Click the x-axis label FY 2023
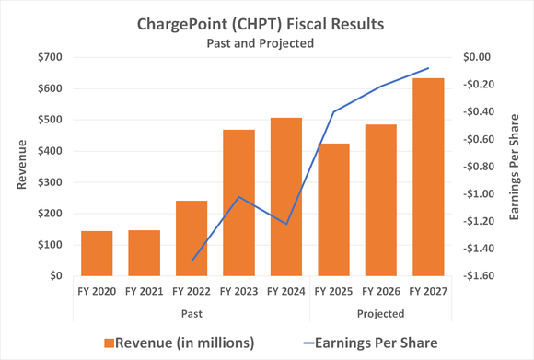[239, 292]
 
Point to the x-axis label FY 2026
[380, 292]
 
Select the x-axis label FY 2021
[145, 292]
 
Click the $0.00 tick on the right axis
[479, 57]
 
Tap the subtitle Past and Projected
[267, 41]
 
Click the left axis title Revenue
[21, 167]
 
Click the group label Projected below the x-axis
[380, 313]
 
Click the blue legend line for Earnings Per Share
[315, 343]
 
